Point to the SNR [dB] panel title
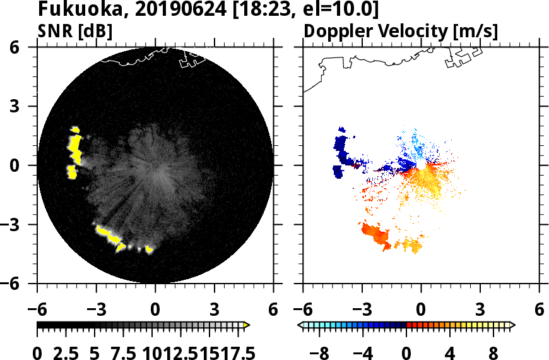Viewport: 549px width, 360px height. (75, 31)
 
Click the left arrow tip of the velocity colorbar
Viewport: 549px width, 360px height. (300, 325)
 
